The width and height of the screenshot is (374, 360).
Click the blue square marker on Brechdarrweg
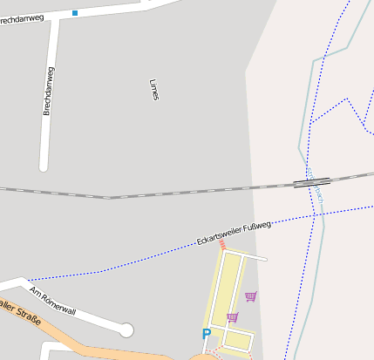click(x=75, y=13)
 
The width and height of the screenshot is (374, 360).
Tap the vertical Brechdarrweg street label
click(x=49, y=91)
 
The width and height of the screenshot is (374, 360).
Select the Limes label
click(x=154, y=90)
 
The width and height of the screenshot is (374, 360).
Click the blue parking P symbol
click(x=207, y=333)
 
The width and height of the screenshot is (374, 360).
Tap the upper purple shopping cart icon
click(x=251, y=296)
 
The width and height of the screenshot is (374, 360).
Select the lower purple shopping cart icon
click(x=232, y=317)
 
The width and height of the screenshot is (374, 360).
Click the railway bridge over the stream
click(x=312, y=182)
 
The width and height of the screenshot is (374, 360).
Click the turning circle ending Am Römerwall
click(x=126, y=329)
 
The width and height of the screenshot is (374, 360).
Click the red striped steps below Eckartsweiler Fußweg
click(x=222, y=246)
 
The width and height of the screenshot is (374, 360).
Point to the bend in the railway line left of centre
click(x=108, y=198)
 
